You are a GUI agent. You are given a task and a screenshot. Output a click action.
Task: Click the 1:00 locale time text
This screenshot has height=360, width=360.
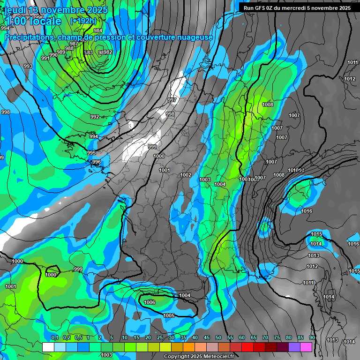point(33,21)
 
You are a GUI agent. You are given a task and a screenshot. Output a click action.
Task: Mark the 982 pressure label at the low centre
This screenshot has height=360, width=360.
point(108,52)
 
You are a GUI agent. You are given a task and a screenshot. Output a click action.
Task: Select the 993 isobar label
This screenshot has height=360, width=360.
point(28,66)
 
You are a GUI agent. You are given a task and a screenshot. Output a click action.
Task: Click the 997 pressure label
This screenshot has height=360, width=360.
point(172,100)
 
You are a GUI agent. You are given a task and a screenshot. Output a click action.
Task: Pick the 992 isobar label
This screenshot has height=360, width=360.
point(95,117)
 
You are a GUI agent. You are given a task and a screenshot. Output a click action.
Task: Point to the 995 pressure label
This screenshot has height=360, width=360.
point(91,153)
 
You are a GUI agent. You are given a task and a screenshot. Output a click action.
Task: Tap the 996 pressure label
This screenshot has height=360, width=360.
point(96,162)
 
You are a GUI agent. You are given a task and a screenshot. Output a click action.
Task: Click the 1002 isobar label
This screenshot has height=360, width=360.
point(186,175)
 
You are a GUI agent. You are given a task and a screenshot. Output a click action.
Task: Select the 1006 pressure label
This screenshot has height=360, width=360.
point(150,302)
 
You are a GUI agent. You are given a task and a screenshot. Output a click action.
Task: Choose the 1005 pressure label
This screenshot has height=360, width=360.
point(169,315)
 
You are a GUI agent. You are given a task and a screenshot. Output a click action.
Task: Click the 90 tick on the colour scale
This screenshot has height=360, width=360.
point(312,337)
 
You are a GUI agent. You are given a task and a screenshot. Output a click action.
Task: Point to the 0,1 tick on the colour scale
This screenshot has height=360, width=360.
point(54,337)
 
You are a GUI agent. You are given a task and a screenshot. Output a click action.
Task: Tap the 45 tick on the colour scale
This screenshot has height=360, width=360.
point(207,337)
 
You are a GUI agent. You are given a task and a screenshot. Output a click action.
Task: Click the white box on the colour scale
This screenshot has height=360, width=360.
point(48,347)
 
